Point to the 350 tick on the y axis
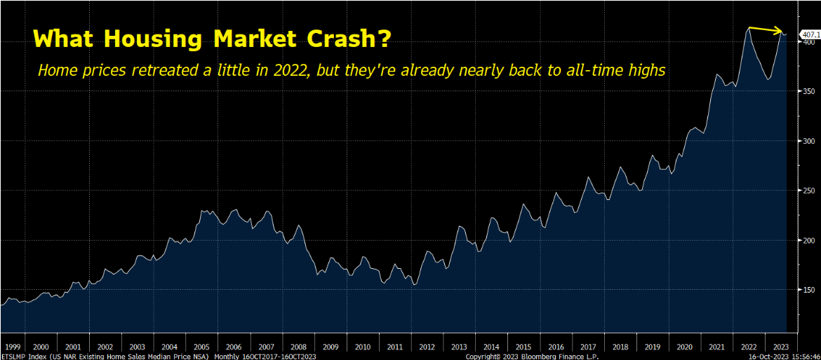click(x=808, y=91)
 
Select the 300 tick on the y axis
click(x=808, y=141)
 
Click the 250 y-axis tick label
click(x=808, y=191)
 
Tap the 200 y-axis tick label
click(x=808, y=240)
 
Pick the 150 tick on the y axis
click(x=808, y=290)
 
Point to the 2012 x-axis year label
click(x=427, y=347)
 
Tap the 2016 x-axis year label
click(x=555, y=347)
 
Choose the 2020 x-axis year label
click(x=683, y=347)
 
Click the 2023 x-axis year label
click(x=780, y=347)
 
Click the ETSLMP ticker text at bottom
click(x=12, y=356)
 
